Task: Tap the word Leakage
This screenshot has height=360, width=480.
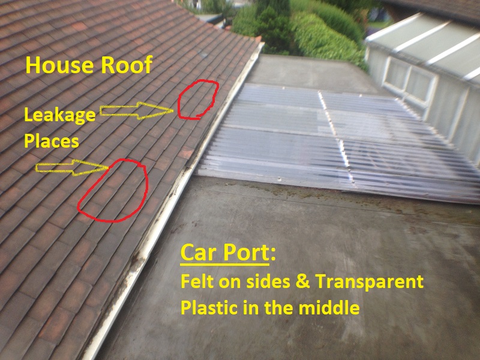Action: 59,116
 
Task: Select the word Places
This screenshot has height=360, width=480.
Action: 52,141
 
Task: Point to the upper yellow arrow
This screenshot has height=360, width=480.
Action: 136,110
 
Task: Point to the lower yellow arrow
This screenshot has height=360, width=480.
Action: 71,167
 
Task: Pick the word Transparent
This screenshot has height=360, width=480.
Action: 369,281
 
